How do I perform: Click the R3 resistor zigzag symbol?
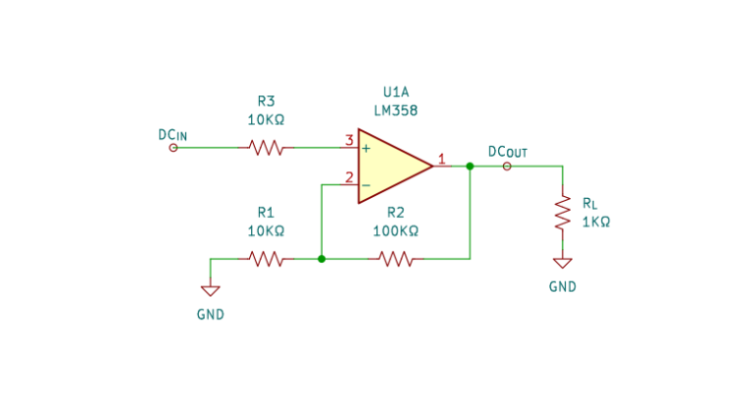click(266, 148)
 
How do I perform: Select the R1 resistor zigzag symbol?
click(266, 259)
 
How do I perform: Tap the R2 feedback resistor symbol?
click(395, 259)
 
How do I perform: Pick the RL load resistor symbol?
click(563, 213)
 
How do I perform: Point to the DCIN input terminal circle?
click(174, 148)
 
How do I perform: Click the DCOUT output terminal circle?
click(506, 167)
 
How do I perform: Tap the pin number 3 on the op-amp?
click(348, 140)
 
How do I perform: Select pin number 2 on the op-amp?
click(348, 177)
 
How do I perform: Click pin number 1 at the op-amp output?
click(442, 159)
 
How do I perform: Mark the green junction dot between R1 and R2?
click(322, 259)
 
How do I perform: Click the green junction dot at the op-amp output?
click(470, 167)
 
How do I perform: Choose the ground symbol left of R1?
click(211, 290)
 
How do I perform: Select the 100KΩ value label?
click(395, 231)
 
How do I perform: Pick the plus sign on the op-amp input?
click(366, 149)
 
